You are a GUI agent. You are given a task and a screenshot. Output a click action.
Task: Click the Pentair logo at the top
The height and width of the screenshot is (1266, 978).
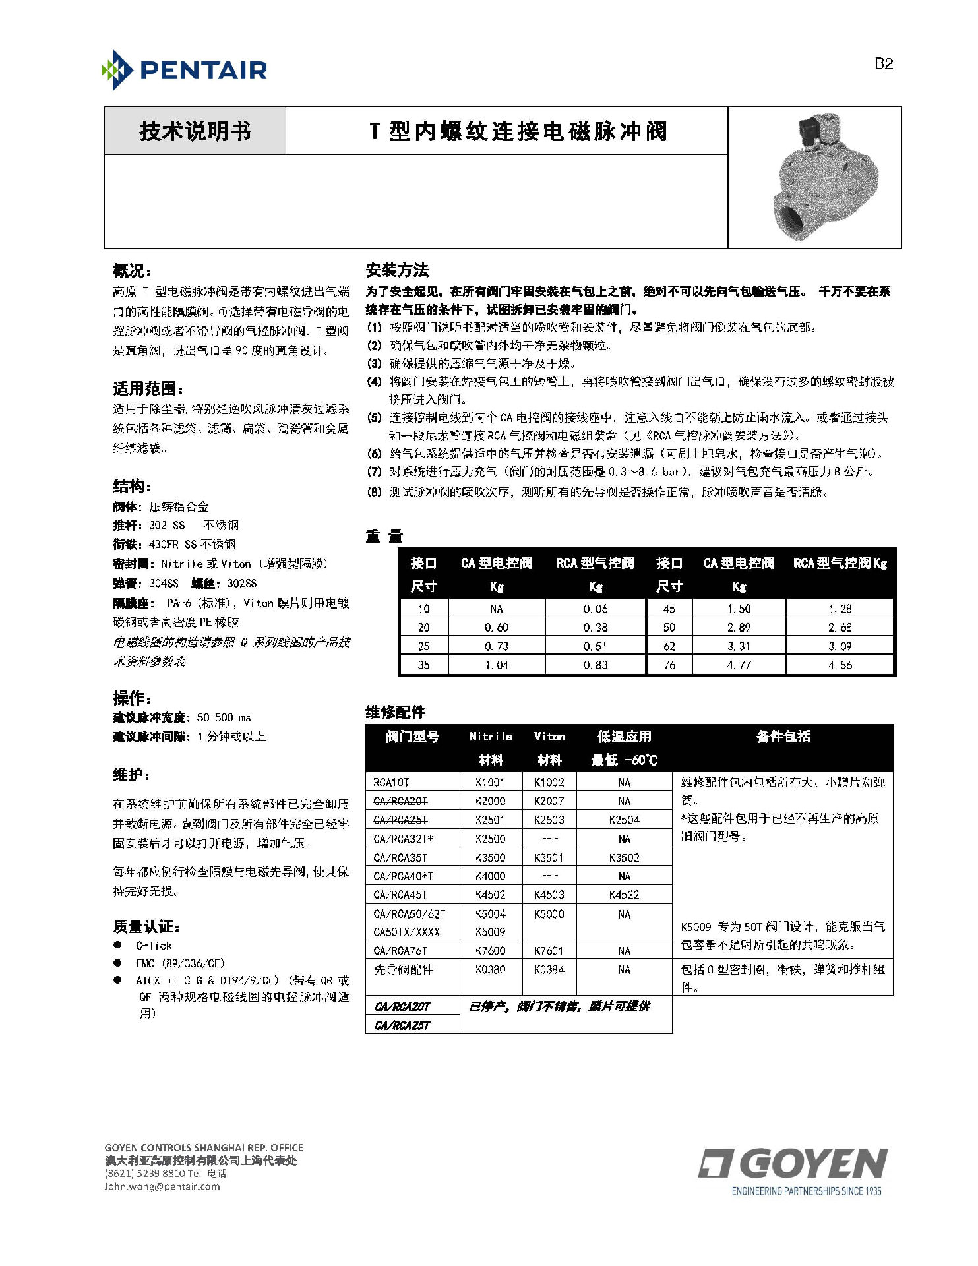pyautogui.click(x=185, y=70)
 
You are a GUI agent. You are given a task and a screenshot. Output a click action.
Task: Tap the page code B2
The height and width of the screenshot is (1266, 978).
pyautogui.click(x=883, y=64)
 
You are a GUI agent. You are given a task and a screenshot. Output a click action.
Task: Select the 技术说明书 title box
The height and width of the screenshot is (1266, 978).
pyautogui.click(x=195, y=131)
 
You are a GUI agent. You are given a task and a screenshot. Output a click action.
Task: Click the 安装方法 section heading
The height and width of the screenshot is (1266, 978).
pyautogui.click(x=397, y=270)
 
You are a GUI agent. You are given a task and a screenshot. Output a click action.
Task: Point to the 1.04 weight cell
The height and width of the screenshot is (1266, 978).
pyautogui.click(x=497, y=665)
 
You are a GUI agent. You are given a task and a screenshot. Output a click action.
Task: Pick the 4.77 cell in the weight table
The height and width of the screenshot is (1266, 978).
pyautogui.click(x=739, y=665)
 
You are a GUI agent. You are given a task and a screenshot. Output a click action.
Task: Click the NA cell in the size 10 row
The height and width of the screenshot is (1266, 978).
pyautogui.click(x=497, y=609)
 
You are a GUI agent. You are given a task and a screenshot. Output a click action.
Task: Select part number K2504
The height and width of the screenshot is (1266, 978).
pyautogui.click(x=624, y=820)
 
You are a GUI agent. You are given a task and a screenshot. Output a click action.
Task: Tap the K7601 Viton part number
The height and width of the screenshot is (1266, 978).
pyautogui.click(x=549, y=950)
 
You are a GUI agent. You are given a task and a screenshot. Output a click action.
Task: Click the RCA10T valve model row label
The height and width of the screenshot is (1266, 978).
pyautogui.click(x=391, y=782)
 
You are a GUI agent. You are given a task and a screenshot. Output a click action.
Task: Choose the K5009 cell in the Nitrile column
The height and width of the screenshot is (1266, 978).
pyautogui.click(x=490, y=932)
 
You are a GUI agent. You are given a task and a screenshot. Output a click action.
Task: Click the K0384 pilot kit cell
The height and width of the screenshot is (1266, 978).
pyautogui.click(x=549, y=969)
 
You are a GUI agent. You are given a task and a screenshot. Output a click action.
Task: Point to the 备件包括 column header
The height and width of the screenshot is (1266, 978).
pyautogui.click(x=783, y=737)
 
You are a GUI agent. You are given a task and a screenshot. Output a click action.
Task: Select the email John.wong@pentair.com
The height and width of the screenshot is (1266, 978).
pyautogui.click(x=162, y=1186)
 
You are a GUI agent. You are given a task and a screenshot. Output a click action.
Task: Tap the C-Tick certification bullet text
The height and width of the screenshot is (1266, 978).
pyautogui.click(x=154, y=945)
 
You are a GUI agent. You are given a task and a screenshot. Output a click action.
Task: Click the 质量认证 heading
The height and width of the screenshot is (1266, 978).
pyautogui.click(x=146, y=926)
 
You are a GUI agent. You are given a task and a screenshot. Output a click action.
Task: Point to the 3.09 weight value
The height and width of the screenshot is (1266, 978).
pyautogui.click(x=840, y=646)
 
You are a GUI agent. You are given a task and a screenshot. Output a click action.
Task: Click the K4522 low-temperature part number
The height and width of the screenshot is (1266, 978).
pyautogui.click(x=624, y=895)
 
